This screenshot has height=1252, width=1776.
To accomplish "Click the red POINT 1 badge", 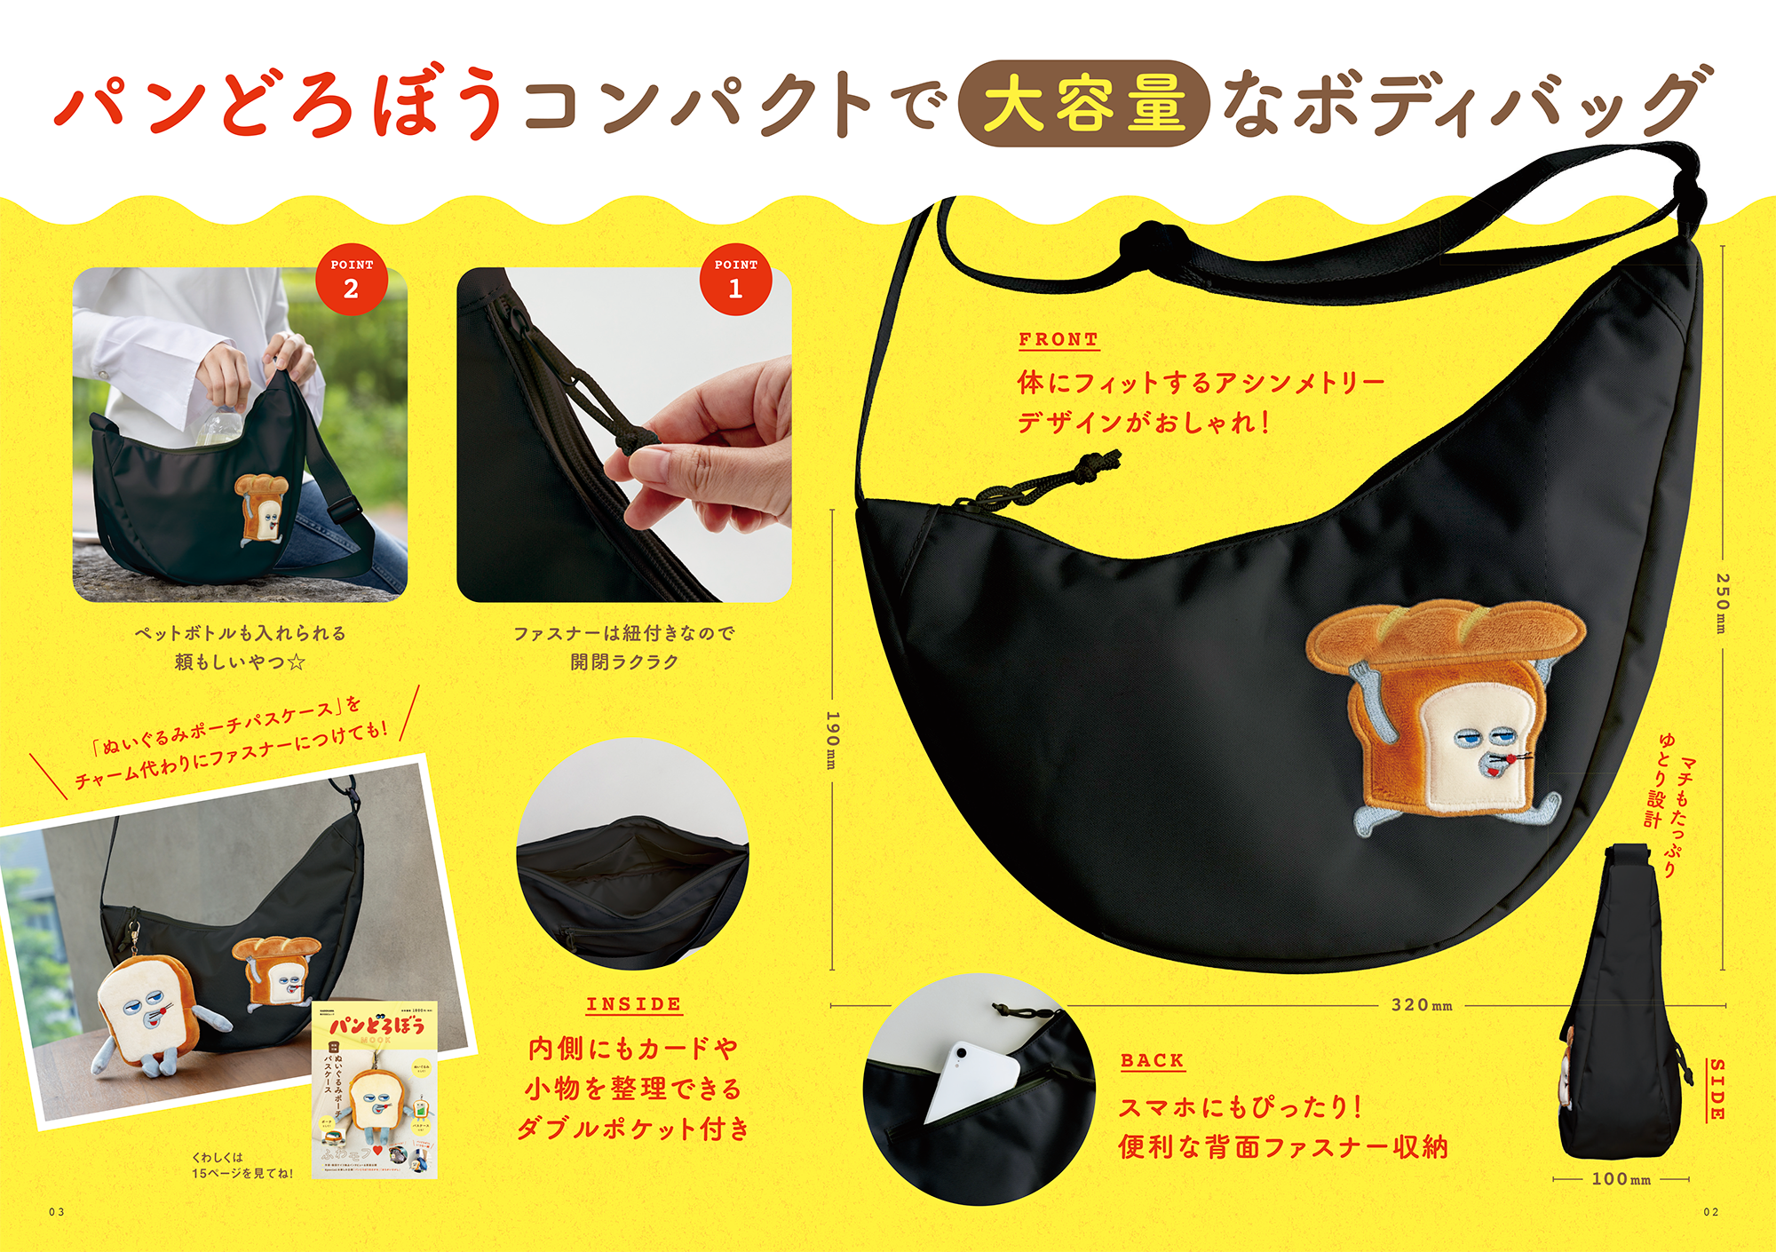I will tap(735, 279).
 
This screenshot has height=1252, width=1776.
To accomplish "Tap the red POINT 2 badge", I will tap(352, 279).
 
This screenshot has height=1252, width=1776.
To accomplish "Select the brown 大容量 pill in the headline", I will tap(1083, 104).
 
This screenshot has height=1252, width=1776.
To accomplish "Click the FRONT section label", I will tap(1058, 339).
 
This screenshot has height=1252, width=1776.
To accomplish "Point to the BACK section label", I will tap(1152, 1060).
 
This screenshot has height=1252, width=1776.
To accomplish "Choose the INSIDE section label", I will tap(633, 1004).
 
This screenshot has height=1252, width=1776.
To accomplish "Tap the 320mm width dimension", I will tap(1421, 1005).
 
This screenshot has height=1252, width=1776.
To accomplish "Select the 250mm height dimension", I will tap(1722, 603).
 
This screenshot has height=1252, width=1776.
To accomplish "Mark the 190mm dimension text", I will tap(832, 740).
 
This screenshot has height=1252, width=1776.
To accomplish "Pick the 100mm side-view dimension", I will tap(1621, 1179).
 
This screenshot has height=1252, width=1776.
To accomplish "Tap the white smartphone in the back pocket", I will tap(972, 1079).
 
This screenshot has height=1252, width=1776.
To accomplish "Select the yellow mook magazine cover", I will tap(375, 1089).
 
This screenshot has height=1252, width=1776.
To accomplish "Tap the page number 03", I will tap(57, 1212).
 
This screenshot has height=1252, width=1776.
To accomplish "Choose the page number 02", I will tap(1710, 1212).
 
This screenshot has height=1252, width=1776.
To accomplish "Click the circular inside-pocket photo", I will tap(632, 854).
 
